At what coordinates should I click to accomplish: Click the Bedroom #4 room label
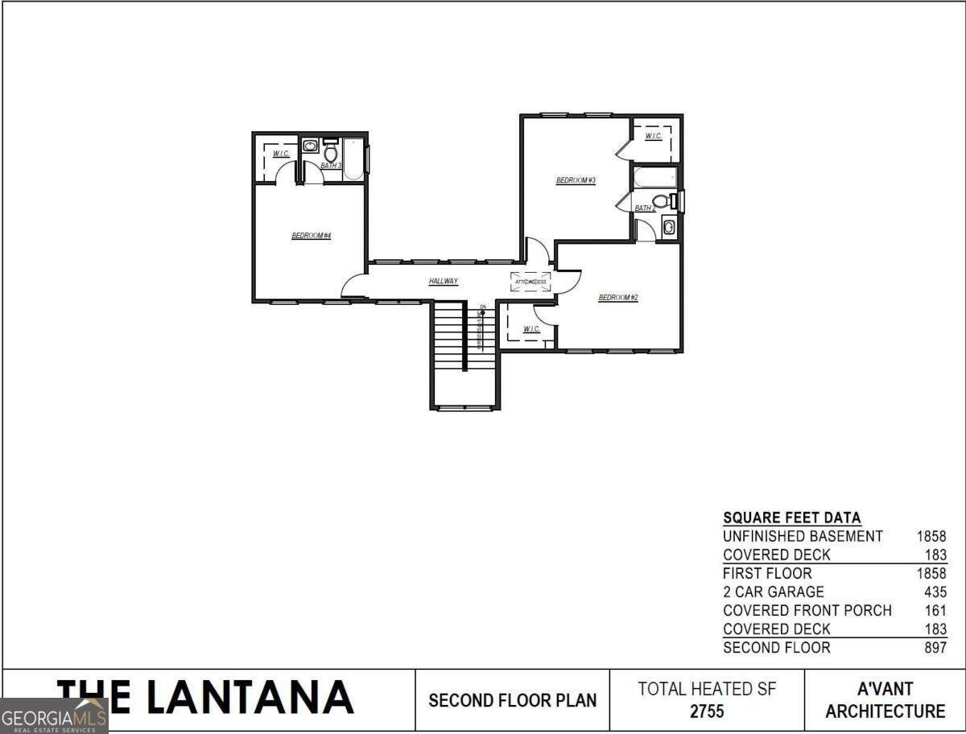[312, 236]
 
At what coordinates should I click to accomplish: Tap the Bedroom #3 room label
[576, 180]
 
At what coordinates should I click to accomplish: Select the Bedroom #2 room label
[618, 298]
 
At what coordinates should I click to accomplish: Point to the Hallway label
[444, 281]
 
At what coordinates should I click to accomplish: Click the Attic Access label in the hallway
[531, 282]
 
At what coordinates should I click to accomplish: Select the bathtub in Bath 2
[654, 176]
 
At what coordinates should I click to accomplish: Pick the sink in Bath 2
[669, 227]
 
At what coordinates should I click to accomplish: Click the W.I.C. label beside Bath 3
[281, 154]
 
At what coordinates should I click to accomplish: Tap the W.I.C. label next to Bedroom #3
[653, 136]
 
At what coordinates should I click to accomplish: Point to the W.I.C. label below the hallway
[531, 329]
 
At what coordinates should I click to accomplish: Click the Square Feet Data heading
[791, 518]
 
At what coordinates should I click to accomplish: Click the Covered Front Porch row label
[807, 610]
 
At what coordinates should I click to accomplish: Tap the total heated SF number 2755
[707, 711]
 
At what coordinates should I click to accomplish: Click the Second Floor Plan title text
[513, 700]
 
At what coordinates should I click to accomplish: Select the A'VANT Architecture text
[885, 700]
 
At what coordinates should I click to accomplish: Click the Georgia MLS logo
[54, 715]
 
